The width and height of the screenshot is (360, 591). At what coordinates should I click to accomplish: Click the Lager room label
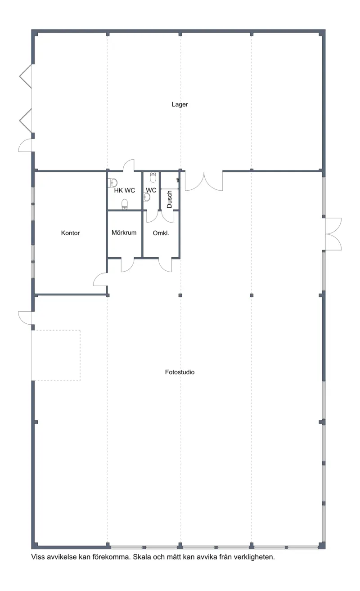180,104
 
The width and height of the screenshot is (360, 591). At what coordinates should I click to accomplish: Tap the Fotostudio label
180,372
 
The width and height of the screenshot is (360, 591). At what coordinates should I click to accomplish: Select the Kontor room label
70,233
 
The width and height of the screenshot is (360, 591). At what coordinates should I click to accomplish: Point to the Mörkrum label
124,233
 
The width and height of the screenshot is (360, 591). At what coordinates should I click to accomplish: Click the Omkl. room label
161,233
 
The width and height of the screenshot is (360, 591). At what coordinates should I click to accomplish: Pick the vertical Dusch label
170,199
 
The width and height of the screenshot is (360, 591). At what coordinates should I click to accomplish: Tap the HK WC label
125,190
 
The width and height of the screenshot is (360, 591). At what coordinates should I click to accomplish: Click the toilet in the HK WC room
125,204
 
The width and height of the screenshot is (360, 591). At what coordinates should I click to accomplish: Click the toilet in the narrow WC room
153,177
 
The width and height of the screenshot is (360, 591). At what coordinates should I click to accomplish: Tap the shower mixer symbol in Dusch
178,180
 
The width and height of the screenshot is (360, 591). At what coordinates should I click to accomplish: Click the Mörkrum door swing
128,265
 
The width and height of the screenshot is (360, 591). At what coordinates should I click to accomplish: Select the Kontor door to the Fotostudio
100,280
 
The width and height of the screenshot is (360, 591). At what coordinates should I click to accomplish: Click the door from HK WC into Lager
129,165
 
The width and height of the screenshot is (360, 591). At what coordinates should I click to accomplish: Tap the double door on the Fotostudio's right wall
333,234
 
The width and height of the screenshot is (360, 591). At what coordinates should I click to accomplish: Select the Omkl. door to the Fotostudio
165,265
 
